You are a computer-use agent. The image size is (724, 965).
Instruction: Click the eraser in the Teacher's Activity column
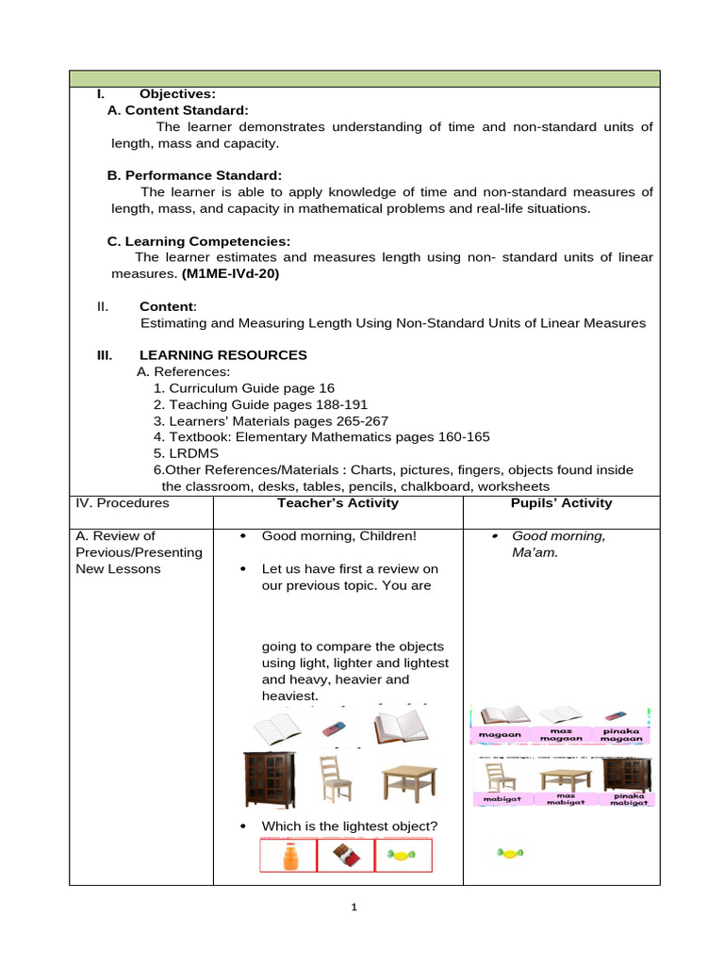(336, 729)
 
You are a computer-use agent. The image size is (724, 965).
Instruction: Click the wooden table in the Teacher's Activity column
(409, 781)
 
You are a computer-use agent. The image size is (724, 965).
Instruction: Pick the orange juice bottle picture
(289, 856)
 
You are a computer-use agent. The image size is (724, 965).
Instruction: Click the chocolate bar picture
(345, 856)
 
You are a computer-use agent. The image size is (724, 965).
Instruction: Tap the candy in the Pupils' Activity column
(510, 854)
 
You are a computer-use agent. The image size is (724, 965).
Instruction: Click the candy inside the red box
(403, 856)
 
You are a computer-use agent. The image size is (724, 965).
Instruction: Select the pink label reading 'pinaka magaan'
(621, 735)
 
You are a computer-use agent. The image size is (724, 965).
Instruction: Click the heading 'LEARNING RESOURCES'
(222, 355)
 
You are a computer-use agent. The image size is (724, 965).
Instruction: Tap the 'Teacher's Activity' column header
(337, 503)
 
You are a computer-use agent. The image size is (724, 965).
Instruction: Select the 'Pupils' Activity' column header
(561, 503)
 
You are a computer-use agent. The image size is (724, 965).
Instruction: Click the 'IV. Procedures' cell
(122, 503)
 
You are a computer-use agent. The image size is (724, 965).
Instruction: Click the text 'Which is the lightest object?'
(349, 826)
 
